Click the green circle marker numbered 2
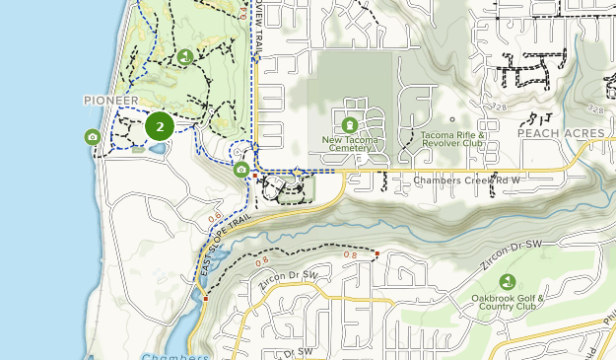coord(160,126)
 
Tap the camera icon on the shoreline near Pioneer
coord(92,137)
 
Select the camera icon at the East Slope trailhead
coord(241,170)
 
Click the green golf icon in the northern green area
coord(184,56)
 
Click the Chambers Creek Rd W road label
coord(466,180)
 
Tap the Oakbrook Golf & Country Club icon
coord(508,281)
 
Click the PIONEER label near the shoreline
coord(110,101)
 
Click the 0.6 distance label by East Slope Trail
coord(216,218)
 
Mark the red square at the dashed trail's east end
coord(376,254)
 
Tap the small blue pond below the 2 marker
coord(157,149)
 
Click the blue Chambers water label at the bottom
coord(174,355)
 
